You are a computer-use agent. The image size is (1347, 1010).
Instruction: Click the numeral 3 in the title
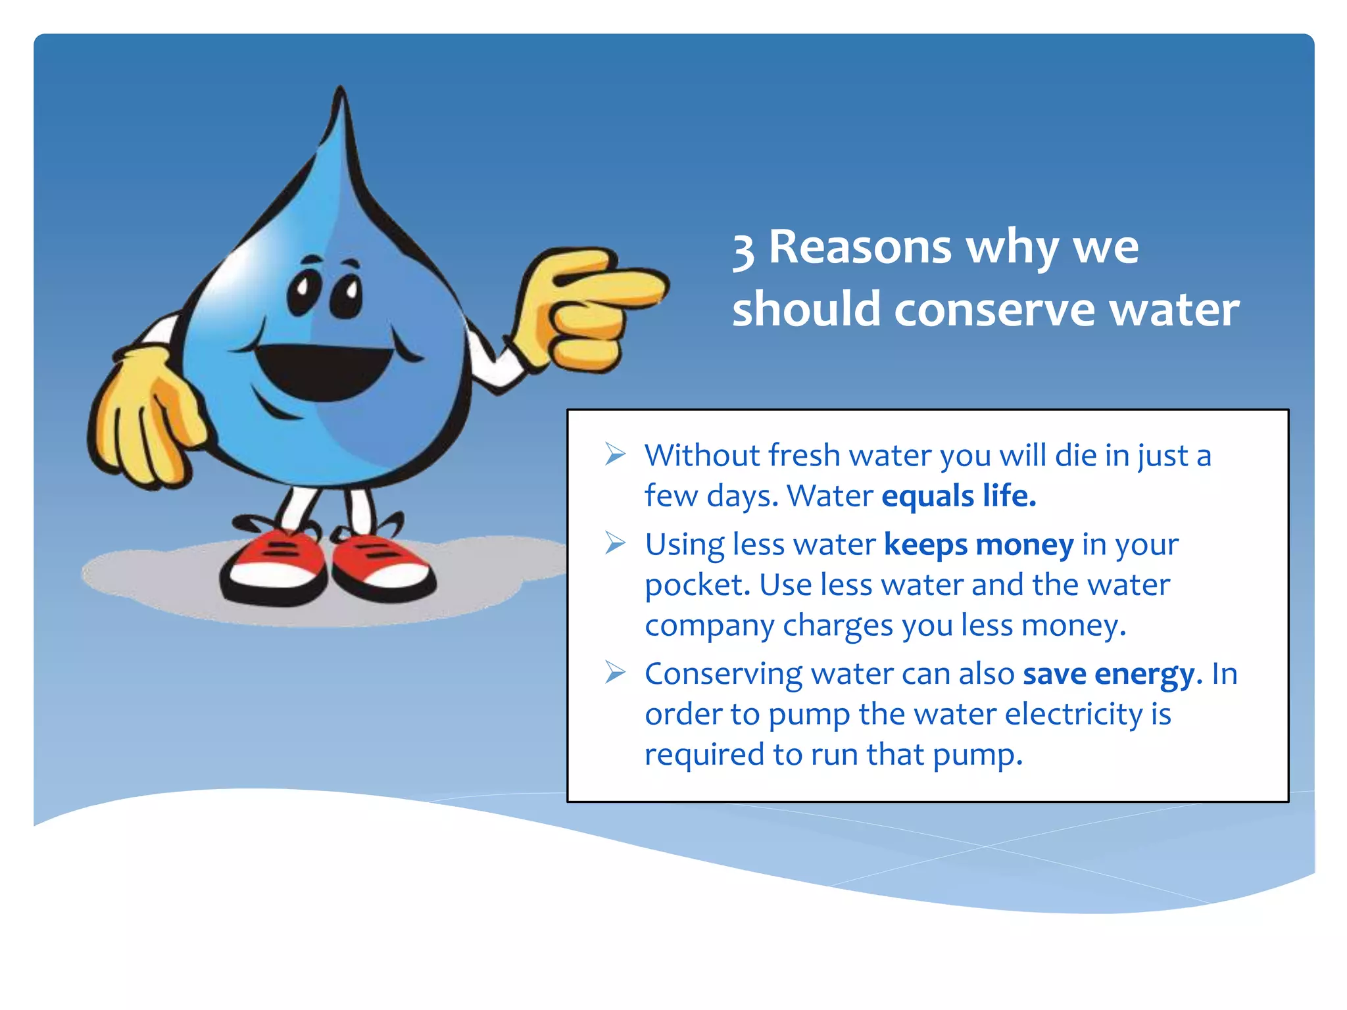[x=743, y=251]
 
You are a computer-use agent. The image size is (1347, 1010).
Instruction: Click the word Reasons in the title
[x=860, y=247]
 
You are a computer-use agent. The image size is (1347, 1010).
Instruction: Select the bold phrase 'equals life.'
[x=959, y=496]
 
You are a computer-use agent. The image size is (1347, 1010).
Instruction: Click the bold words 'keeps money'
[x=979, y=545]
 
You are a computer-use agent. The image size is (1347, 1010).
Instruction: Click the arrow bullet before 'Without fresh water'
[x=615, y=454]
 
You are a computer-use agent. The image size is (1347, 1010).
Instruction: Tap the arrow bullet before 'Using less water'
[x=615, y=543]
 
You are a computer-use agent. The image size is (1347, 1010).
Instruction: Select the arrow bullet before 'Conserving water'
[x=615, y=672]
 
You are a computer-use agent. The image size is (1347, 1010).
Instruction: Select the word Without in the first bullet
[x=702, y=455]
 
